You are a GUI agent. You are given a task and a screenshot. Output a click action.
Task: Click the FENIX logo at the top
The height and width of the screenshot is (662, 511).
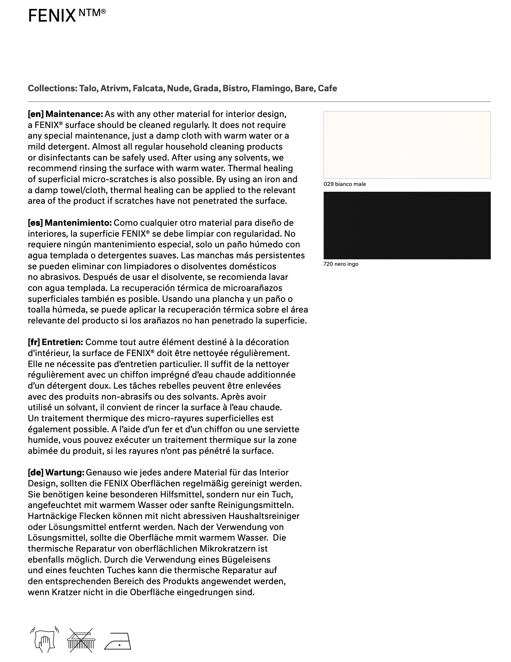click(66, 15)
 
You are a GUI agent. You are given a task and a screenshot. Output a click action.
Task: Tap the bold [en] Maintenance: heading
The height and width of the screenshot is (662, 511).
click(65, 114)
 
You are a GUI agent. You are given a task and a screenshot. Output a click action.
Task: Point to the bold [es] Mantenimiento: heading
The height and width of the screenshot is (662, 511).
click(70, 223)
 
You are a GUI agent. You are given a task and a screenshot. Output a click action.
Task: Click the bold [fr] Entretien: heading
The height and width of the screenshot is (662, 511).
click(55, 342)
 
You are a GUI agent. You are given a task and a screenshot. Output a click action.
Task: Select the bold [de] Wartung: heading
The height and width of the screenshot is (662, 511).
click(56, 473)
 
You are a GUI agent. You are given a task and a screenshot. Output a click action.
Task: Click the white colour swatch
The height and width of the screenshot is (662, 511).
click(407, 145)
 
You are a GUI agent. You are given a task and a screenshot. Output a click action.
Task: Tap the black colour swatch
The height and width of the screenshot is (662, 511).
click(407, 225)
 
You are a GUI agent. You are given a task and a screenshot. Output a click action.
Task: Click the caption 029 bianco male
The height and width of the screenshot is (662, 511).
click(345, 184)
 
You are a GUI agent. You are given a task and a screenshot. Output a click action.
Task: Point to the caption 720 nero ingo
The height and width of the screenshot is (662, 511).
click(341, 264)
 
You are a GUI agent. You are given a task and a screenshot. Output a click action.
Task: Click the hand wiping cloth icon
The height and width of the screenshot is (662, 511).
click(45, 640)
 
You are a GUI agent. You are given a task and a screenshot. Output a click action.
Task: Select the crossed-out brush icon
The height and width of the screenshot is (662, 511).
click(81, 640)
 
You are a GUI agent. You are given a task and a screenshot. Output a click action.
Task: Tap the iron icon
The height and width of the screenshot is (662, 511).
click(118, 641)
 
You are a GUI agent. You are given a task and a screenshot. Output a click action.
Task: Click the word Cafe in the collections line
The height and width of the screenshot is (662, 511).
click(327, 88)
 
